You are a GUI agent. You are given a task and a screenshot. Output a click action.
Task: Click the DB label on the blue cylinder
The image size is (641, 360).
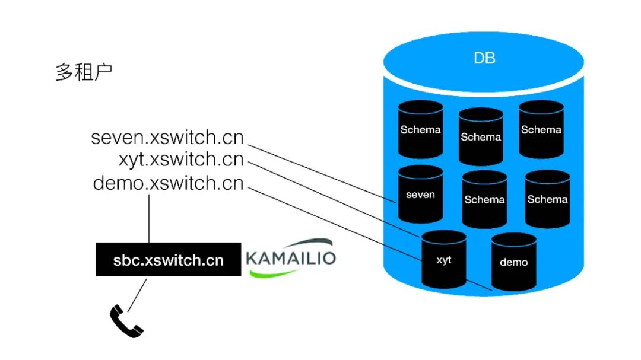click(x=484, y=58)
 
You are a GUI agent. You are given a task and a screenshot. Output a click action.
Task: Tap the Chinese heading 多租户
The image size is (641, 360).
click(x=84, y=72)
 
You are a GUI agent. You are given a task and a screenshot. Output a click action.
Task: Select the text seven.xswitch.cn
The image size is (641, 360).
click(x=167, y=138)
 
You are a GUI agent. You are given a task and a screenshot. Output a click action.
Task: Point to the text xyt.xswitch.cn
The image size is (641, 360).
click(x=181, y=160)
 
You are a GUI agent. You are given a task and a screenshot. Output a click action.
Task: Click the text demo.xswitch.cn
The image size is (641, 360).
click(x=168, y=183)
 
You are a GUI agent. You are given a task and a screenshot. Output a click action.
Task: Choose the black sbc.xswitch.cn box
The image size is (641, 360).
click(x=169, y=260)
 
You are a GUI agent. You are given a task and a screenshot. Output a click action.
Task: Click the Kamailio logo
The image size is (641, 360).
click(x=291, y=258)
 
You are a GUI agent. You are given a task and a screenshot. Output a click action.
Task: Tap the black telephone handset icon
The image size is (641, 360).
click(x=126, y=321)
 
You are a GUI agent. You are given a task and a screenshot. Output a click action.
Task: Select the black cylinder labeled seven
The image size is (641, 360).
click(x=420, y=194)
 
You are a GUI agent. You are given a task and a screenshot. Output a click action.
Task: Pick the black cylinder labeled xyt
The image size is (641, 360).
click(x=443, y=260)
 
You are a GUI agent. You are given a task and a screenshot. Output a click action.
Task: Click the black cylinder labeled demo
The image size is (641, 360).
click(x=513, y=262)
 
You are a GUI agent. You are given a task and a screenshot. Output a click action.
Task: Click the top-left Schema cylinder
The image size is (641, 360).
click(x=420, y=129)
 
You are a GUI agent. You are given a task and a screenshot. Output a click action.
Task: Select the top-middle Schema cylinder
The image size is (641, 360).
click(x=481, y=136)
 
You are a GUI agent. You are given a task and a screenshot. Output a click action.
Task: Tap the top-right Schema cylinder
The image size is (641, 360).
click(x=541, y=129)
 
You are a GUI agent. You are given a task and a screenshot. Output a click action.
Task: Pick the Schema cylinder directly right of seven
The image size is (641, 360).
click(x=484, y=199)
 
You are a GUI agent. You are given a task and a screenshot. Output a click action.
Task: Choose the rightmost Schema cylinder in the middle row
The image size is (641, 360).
click(x=547, y=199)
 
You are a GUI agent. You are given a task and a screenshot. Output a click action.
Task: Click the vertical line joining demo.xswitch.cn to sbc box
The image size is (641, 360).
click(x=149, y=219)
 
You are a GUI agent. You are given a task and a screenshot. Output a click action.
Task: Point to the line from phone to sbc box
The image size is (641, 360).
click(x=137, y=295)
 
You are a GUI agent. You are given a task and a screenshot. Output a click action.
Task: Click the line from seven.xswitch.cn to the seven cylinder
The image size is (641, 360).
click(x=322, y=174)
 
